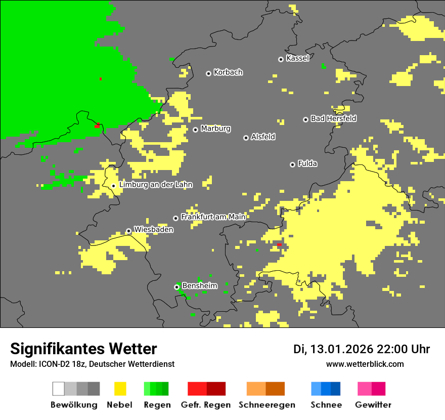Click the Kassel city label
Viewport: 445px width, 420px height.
[x=297, y=58]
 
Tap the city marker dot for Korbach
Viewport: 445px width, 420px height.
[x=208, y=73]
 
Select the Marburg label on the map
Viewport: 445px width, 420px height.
[x=215, y=129]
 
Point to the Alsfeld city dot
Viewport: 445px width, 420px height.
[x=246, y=138]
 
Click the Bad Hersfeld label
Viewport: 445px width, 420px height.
[x=333, y=118]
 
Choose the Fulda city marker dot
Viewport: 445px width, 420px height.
[x=292, y=164]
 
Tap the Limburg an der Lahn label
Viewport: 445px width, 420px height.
[x=155, y=185]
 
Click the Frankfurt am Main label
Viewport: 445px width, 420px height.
[x=213, y=217]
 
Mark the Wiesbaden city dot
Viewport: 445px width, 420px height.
[x=128, y=231]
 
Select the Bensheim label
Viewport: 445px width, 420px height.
[x=199, y=286]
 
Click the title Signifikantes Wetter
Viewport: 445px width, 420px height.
[x=83, y=349]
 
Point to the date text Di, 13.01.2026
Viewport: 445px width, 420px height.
[x=333, y=349]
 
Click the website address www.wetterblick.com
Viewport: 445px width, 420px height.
[x=365, y=364]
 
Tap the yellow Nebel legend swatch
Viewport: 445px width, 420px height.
[x=120, y=389]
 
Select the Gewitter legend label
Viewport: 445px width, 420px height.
[x=373, y=405]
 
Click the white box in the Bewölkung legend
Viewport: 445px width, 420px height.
[x=59, y=389]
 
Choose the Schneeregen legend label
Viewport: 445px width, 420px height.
[x=267, y=405]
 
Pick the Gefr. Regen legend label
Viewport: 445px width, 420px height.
[x=206, y=405]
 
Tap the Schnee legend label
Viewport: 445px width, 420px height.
[x=326, y=405]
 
